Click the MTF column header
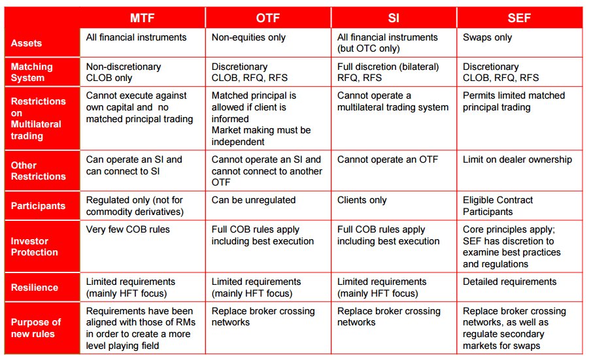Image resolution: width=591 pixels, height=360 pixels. click(x=142, y=18)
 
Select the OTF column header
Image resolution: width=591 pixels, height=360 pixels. click(x=268, y=18)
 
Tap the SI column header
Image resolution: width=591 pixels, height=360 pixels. click(x=394, y=18)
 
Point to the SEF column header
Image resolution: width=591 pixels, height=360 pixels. click(x=519, y=18)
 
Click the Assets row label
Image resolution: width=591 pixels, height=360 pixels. click(x=26, y=43)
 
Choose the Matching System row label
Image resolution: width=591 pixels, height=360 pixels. click(x=31, y=72)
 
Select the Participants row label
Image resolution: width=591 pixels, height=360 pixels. click(x=38, y=206)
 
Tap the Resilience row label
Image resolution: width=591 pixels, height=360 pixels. click(x=34, y=287)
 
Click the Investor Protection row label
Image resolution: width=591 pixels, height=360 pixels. click(x=34, y=247)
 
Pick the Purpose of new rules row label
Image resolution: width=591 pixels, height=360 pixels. click(x=36, y=327)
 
